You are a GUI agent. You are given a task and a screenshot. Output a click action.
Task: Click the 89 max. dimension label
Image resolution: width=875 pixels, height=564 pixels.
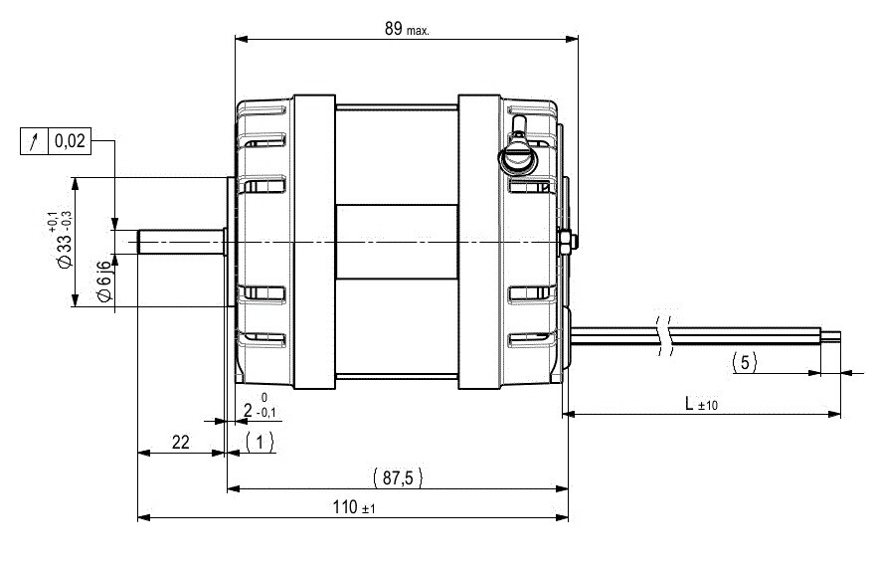point(407,29)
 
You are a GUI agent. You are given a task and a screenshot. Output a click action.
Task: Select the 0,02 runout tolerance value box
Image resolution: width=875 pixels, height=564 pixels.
point(71,140)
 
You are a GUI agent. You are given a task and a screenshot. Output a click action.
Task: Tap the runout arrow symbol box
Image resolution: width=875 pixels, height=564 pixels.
point(35,140)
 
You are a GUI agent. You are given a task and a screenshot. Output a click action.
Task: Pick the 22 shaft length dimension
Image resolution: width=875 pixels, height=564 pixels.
point(180,442)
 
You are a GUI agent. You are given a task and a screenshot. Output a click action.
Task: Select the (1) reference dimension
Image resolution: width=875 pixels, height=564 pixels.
point(260,442)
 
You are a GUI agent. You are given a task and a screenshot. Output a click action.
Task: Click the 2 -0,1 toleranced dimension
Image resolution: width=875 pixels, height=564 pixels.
point(260,406)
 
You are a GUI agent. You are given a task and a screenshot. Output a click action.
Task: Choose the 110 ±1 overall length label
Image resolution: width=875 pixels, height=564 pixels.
point(354,507)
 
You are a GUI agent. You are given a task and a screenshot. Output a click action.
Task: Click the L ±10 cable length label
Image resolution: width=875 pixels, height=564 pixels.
point(701,403)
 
